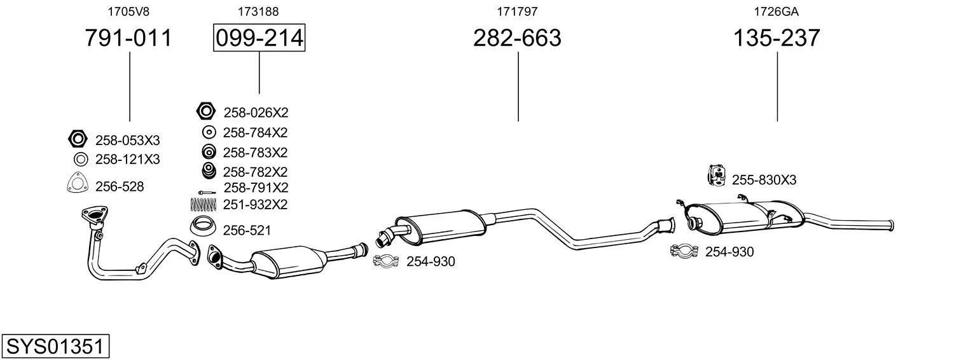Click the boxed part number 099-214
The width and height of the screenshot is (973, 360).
(259, 38)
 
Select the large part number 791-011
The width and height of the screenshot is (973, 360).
(128, 38)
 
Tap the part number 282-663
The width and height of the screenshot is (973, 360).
(517, 38)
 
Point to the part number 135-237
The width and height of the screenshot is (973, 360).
(776, 38)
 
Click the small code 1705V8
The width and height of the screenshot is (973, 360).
(128, 11)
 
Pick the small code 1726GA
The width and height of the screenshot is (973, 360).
(776, 11)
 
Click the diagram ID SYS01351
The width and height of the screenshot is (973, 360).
(55, 347)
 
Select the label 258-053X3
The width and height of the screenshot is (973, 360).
(128, 141)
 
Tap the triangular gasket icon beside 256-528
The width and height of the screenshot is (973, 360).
(78, 183)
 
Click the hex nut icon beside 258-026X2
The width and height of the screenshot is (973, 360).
(205, 111)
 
